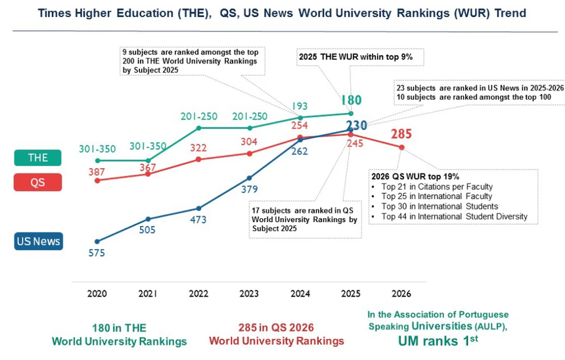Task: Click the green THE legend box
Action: [37, 158]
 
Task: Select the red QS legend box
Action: [37, 183]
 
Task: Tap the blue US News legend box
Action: [37, 241]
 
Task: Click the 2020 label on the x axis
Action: [97, 294]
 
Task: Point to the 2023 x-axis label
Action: [249, 294]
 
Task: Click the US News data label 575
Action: [97, 254]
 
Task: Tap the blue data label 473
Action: [199, 219]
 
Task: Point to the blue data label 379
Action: [250, 190]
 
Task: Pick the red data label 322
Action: [199, 148]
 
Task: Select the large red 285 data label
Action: [401, 134]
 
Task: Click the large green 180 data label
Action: [351, 100]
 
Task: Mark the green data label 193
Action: [300, 106]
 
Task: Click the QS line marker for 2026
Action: [401, 147]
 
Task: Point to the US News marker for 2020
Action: [97, 241]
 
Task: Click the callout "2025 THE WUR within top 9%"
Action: [355, 57]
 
